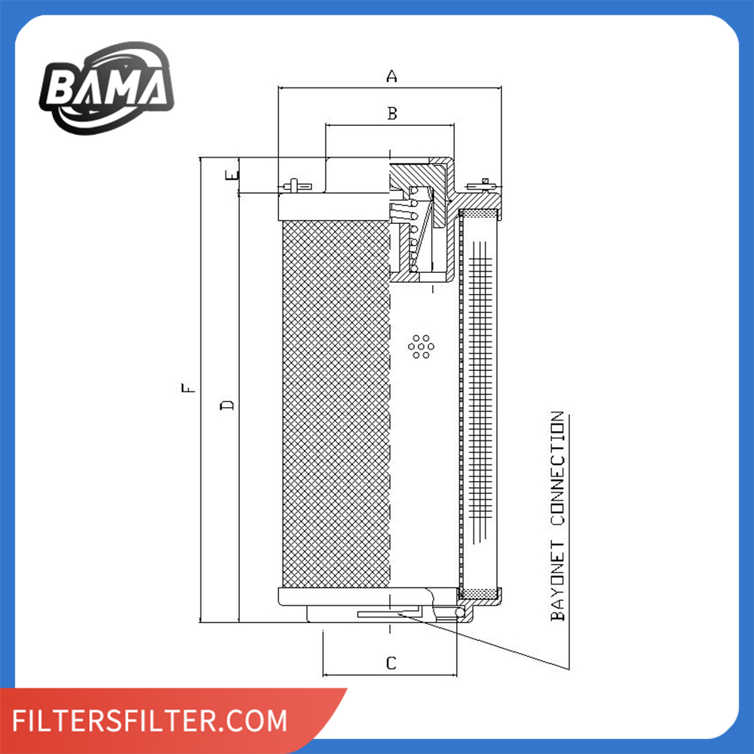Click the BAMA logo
tap(106, 88)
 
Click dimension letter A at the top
tap(392, 76)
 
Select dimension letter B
tap(392, 114)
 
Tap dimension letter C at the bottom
tap(391, 664)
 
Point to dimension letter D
tap(227, 405)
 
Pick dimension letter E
tap(232, 176)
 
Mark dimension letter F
tap(188, 388)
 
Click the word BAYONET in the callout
tap(558, 581)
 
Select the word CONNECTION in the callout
tap(558, 468)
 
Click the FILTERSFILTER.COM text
tap(149, 720)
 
